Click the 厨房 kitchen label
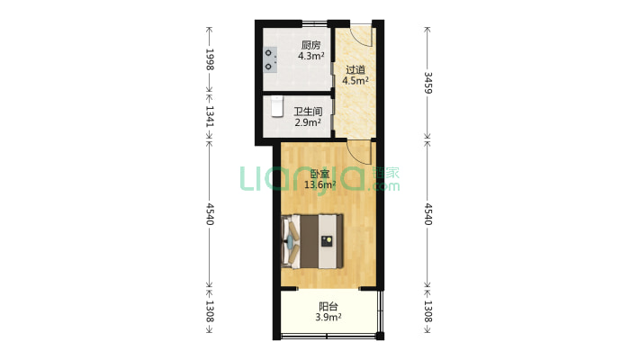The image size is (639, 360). pyautogui.click(x=310, y=45)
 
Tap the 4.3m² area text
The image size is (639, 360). pyautogui.click(x=310, y=56)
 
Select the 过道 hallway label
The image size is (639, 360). pyautogui.click(x=355, y=69)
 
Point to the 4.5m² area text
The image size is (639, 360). pyautogui.click(x=355, y=80)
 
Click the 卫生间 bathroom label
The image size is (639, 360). pyautogui.click(x=308, y=112)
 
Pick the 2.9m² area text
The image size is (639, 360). pyautogui.click(x=308, y=121)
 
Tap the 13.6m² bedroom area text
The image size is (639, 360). pyautogui.click(x=320, y=185)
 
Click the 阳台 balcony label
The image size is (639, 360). pyautogui.click(x=328, y=306)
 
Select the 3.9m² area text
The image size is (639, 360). pyautogui.click(x=328, y=317)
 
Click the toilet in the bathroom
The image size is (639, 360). pyautogui.click(x=276, y=106)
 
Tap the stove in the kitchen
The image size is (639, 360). pyautogui.click(x=269, y=59)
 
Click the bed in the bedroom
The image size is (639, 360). pyautogui.click(x=311, y=241)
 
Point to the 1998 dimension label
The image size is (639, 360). pyautogui.click(x=210, y=59)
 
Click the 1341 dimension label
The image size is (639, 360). pyautogui.click(x=210, y=116)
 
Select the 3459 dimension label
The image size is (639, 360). pyautogui.click(x=427, y=83)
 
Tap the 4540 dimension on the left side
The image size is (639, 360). pyautogui.click(x=210, y=214)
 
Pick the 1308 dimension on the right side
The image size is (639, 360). pyautogui.click(x=427, y=311)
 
